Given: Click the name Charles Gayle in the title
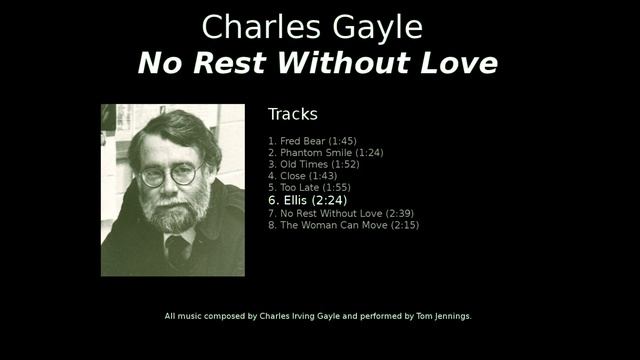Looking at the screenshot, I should coord(312,26).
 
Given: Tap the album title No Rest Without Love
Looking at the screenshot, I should coord(317,63).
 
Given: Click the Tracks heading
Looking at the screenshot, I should coord(292,114).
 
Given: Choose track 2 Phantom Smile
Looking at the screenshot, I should coord(325,153).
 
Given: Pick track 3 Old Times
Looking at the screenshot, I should coord(313,165).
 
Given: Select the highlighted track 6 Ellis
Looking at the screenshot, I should coord(309,200).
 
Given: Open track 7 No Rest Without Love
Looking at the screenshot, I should coord(340,213).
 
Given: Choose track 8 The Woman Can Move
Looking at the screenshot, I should coord(343,225).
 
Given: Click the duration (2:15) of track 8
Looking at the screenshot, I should coord(404,225).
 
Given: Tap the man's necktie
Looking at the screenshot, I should coord(178,249).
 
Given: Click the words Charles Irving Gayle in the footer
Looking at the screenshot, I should coord(300,316).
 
